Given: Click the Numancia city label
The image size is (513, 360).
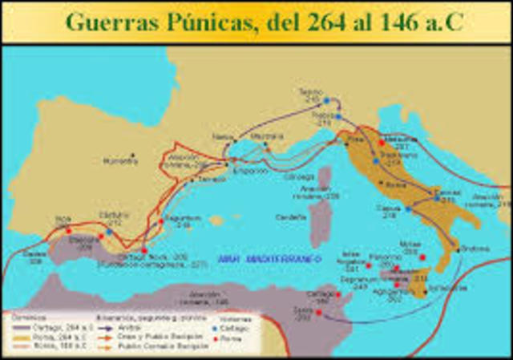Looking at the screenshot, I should tap(120, 160).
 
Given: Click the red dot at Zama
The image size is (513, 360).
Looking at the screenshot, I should tap(319, 312).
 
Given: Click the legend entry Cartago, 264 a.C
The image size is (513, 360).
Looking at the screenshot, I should tap(43, 328).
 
